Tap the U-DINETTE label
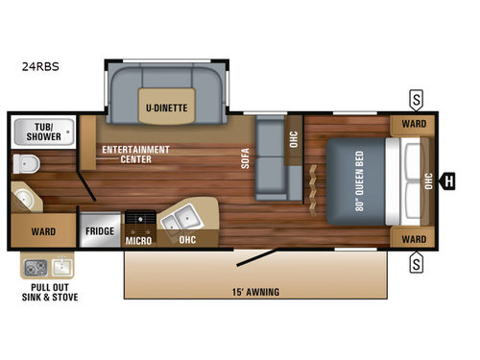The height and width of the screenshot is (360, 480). pyautogui.click(x=166, y=107)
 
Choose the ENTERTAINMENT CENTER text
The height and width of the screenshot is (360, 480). pyautogui.click(x=134, y=154)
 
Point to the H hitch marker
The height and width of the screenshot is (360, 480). pyautogui.click(x=447, y=179)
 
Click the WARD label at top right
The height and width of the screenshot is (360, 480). pyautogui.click(x=414, y=125)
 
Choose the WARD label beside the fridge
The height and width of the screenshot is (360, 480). pyautogui.click(x=42, y=231)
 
